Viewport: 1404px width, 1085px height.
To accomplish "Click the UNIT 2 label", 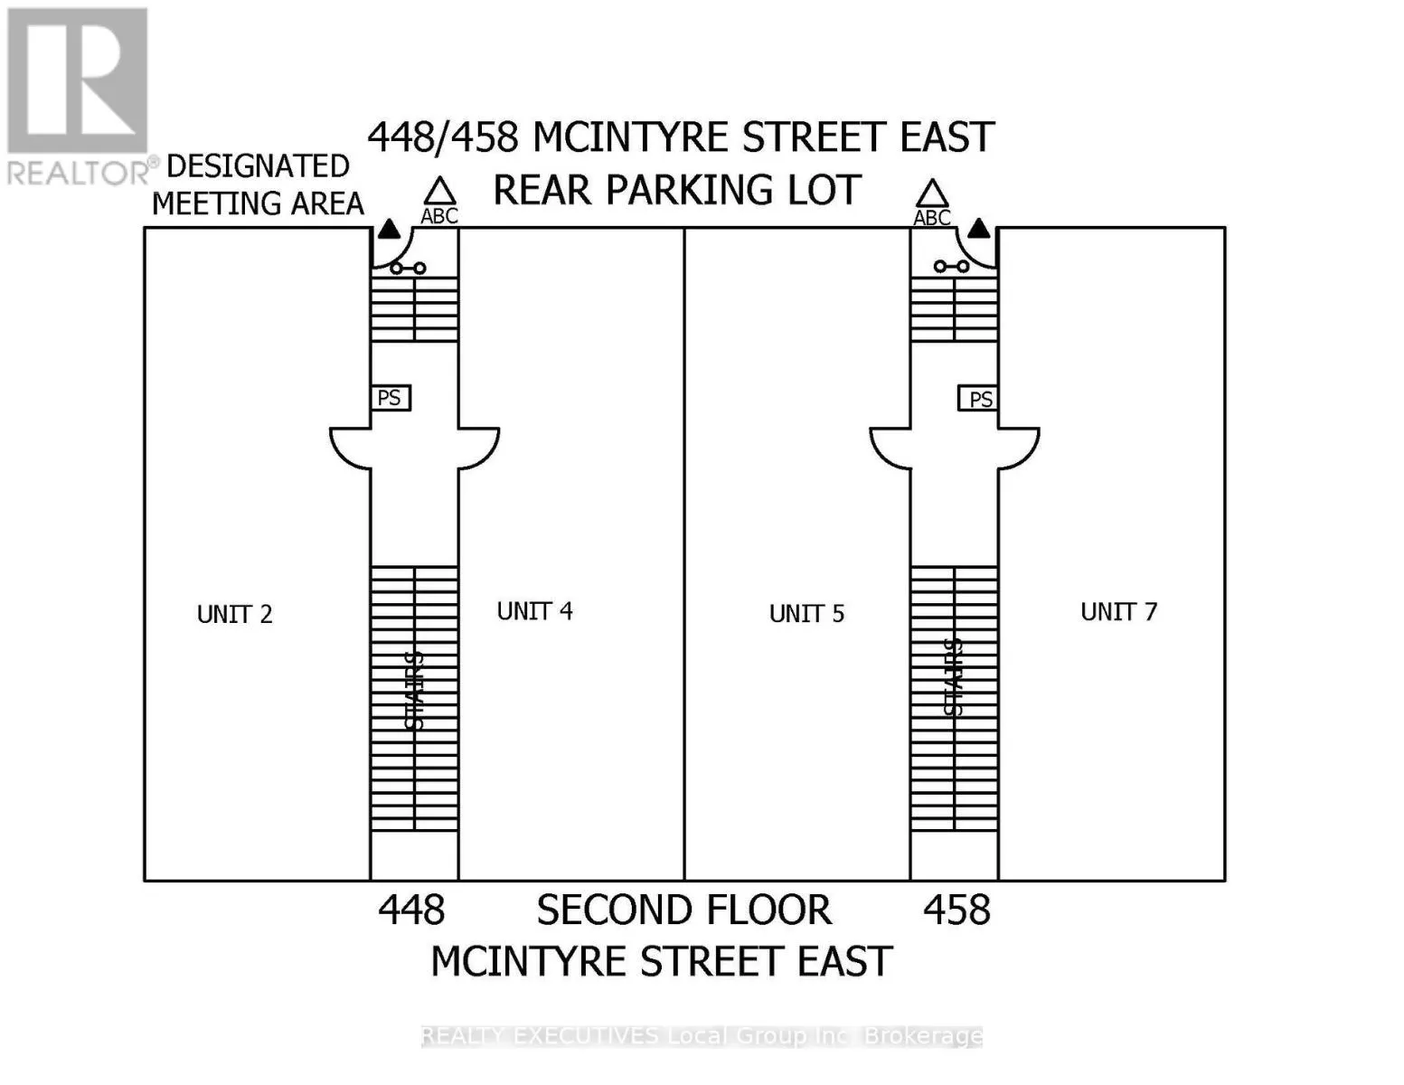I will pyautogui.click(x=234, y=615).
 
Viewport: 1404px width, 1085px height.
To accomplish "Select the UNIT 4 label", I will pyautogui.click(x=534, y=611).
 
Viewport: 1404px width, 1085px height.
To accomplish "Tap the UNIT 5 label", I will pyautogui.click(x=806, y=614).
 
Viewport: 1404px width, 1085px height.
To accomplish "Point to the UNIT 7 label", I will pyautogui.click(x=1118, y=612).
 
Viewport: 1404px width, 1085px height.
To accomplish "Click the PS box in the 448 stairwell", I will pyautogui.click(x=391, y=398).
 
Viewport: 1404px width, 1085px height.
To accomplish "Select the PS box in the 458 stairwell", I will pyautogui.click(x=979, y=399).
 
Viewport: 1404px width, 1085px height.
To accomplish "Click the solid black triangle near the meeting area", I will pyautogui.click(x=389, y=230).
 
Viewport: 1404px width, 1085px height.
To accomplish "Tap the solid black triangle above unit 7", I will pyautogui.click(x=979, y=228).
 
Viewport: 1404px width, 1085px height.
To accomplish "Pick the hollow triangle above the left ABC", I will pyautogui.click(x=440, y=192).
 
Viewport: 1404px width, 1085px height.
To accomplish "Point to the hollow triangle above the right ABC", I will pyautogui.click(x=932, y=193).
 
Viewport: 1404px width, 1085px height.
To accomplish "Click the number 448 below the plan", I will pyautogui.click(x=411, y=910).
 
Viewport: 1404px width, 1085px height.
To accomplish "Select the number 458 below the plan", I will pyautogui.click(x=956, y=910).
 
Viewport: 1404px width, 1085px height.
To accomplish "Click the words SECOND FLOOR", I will pyautogui.click(x=683, y=910).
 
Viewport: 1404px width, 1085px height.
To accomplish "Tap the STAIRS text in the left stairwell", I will pyautogui.click(x=414, y=690).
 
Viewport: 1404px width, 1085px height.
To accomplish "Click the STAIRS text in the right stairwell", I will pyautogui.click(x=954, y=677).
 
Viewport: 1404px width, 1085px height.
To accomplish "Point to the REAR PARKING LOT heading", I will pyautogui.click(x=676, y=190).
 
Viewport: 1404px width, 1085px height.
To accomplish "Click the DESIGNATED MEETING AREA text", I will pyautogui.click(x=258, y=185).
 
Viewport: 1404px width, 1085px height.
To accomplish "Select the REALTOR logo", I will pyautogui.click(x=78, y=95).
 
